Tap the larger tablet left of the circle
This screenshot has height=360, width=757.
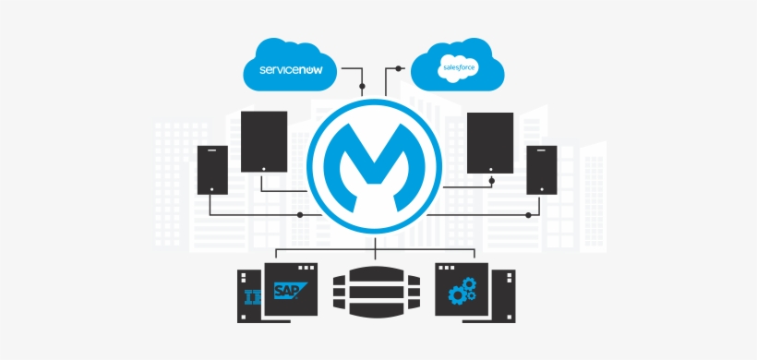click(264, 141)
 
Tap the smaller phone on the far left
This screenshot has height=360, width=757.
click(212, 169)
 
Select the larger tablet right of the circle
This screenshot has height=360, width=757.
click(489, 142)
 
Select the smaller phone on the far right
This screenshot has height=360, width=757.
click(541, 169)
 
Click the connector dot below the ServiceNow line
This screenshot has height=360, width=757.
click(362, 87)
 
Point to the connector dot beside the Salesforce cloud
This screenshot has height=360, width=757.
click(399, 68)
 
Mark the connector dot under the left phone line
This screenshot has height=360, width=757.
click(300, 214)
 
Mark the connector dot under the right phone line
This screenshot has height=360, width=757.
click(528, 214)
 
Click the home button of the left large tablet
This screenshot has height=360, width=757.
click(264, 167)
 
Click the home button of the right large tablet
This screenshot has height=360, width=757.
click(489, 168)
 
